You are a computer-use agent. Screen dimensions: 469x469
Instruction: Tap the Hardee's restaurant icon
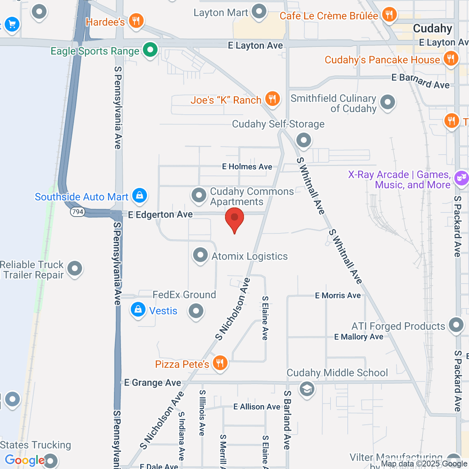(136, 21)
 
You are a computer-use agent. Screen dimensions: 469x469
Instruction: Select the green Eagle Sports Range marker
(150, 50)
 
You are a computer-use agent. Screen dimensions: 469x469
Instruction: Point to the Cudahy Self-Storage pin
(303, 140)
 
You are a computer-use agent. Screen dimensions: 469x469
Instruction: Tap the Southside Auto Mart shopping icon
(140, 195)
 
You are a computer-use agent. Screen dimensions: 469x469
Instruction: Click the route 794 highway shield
(78, 212)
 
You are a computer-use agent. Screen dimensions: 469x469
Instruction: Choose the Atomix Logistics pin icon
(200, 255)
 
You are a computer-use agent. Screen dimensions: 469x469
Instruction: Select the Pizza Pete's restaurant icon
(220, 363)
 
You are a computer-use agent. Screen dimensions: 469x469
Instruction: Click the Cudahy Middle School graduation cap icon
(307, 389)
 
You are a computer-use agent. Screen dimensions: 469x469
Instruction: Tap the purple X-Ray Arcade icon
(461, 178)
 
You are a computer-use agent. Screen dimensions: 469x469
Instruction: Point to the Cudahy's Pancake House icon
(451, 59)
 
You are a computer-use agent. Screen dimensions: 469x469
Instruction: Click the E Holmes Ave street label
(247, 167)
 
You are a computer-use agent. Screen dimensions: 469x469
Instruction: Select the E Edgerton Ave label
(160, 215)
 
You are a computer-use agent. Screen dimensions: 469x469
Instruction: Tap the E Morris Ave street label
(338, 295)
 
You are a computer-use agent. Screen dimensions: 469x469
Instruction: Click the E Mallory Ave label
(359, 337)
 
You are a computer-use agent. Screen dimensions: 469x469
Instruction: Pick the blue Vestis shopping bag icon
(138, 310)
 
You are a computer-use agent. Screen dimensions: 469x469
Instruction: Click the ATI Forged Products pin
(456, 325)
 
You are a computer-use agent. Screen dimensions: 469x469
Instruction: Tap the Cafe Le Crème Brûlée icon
(389, 15)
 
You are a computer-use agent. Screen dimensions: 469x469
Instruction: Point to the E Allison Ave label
(257, 407)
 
